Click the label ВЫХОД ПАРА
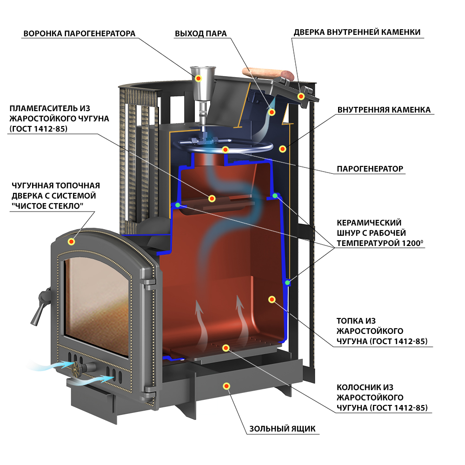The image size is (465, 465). (x=200, y=33)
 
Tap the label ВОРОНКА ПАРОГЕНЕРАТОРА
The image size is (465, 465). (x=80, y=33)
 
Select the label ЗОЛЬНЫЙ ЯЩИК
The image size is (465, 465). (x=282, y=429)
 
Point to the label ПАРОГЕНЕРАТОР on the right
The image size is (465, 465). (x=370, y=169)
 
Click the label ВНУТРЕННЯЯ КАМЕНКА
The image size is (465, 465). (x=384, y=110)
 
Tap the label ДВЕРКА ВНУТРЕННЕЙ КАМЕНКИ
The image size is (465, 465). (x=357, y=33)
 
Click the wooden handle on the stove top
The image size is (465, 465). (x=268, y=73)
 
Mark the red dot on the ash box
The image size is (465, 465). (x=226, y=386)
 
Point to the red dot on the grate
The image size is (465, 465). (x=226, y=347)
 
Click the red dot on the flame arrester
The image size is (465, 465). (x=212, y=199)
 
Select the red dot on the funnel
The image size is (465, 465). (x=199, y=79)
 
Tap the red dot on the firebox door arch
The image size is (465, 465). (x=71, y=241)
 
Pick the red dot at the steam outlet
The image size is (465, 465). (x=272, y=112)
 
